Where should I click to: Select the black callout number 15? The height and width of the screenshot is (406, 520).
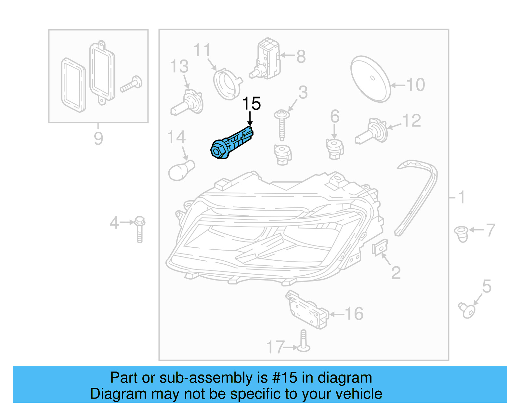click(x=251, y=104)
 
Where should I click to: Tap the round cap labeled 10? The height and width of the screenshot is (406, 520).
click(x=370, y=79)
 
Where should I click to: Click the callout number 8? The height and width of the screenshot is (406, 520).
click(x=301, y=57)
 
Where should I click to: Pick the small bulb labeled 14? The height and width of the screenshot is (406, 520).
click(x=181, y=170)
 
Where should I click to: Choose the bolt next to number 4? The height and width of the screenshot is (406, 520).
click(x=139, y=229)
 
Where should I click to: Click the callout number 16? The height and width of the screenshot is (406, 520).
click(x=354, y=314)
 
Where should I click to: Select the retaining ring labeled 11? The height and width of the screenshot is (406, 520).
click(x=227, y=83)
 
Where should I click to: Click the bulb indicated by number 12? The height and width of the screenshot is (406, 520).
click(x=372, y=133)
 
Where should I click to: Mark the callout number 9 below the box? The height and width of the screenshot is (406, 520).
click(x=98, y=138)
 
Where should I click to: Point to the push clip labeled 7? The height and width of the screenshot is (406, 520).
click(x=461, y=234)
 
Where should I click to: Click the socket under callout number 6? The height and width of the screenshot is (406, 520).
click(x=334, y=149)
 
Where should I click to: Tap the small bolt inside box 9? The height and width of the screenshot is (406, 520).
click(x=131, y=84)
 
